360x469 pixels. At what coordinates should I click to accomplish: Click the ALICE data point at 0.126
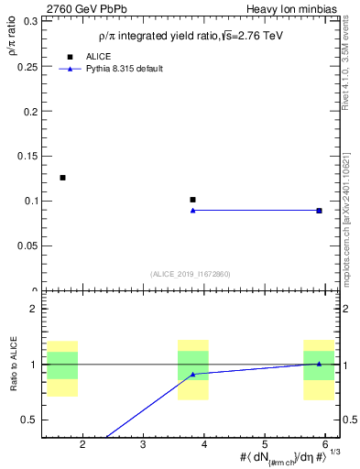point(62,178)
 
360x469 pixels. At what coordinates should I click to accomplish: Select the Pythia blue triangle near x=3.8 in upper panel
point(192,211)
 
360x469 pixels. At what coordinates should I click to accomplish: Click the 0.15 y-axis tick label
point(27,157)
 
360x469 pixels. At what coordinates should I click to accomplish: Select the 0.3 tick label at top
point(30,22)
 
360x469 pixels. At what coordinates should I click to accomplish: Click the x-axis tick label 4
point(204,444)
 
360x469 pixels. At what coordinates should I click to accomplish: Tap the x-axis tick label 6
point(325,444)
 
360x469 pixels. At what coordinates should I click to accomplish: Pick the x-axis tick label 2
point(83,444)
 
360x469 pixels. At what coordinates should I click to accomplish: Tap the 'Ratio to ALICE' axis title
point(14,365)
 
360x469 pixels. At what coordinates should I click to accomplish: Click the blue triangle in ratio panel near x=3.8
point(192,374)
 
